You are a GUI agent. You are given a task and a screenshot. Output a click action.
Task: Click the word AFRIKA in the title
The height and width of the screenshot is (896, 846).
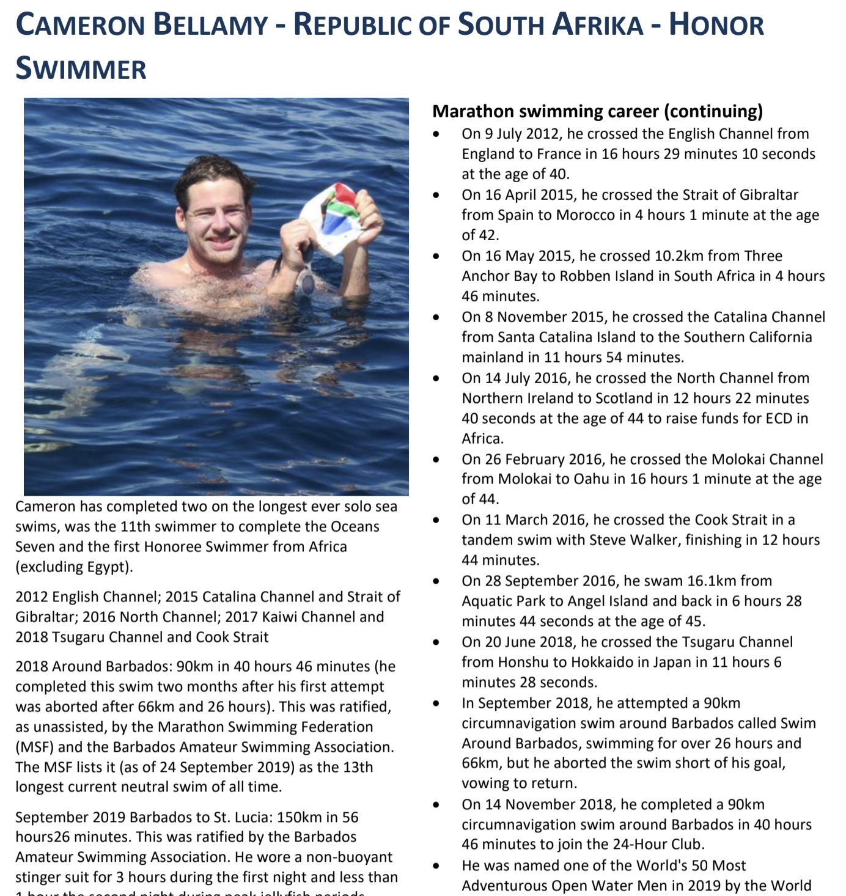coord(598,25)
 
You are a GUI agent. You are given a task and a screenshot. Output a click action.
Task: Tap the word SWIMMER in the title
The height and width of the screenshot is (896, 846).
coord(81,68)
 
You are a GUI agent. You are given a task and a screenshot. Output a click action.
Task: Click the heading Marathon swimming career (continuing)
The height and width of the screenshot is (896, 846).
coord(597,111)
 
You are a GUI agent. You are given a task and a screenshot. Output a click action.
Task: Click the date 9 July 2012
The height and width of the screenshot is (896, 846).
coord(524,134)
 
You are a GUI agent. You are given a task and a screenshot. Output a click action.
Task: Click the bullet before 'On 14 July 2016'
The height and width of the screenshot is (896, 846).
coord(436,378)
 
